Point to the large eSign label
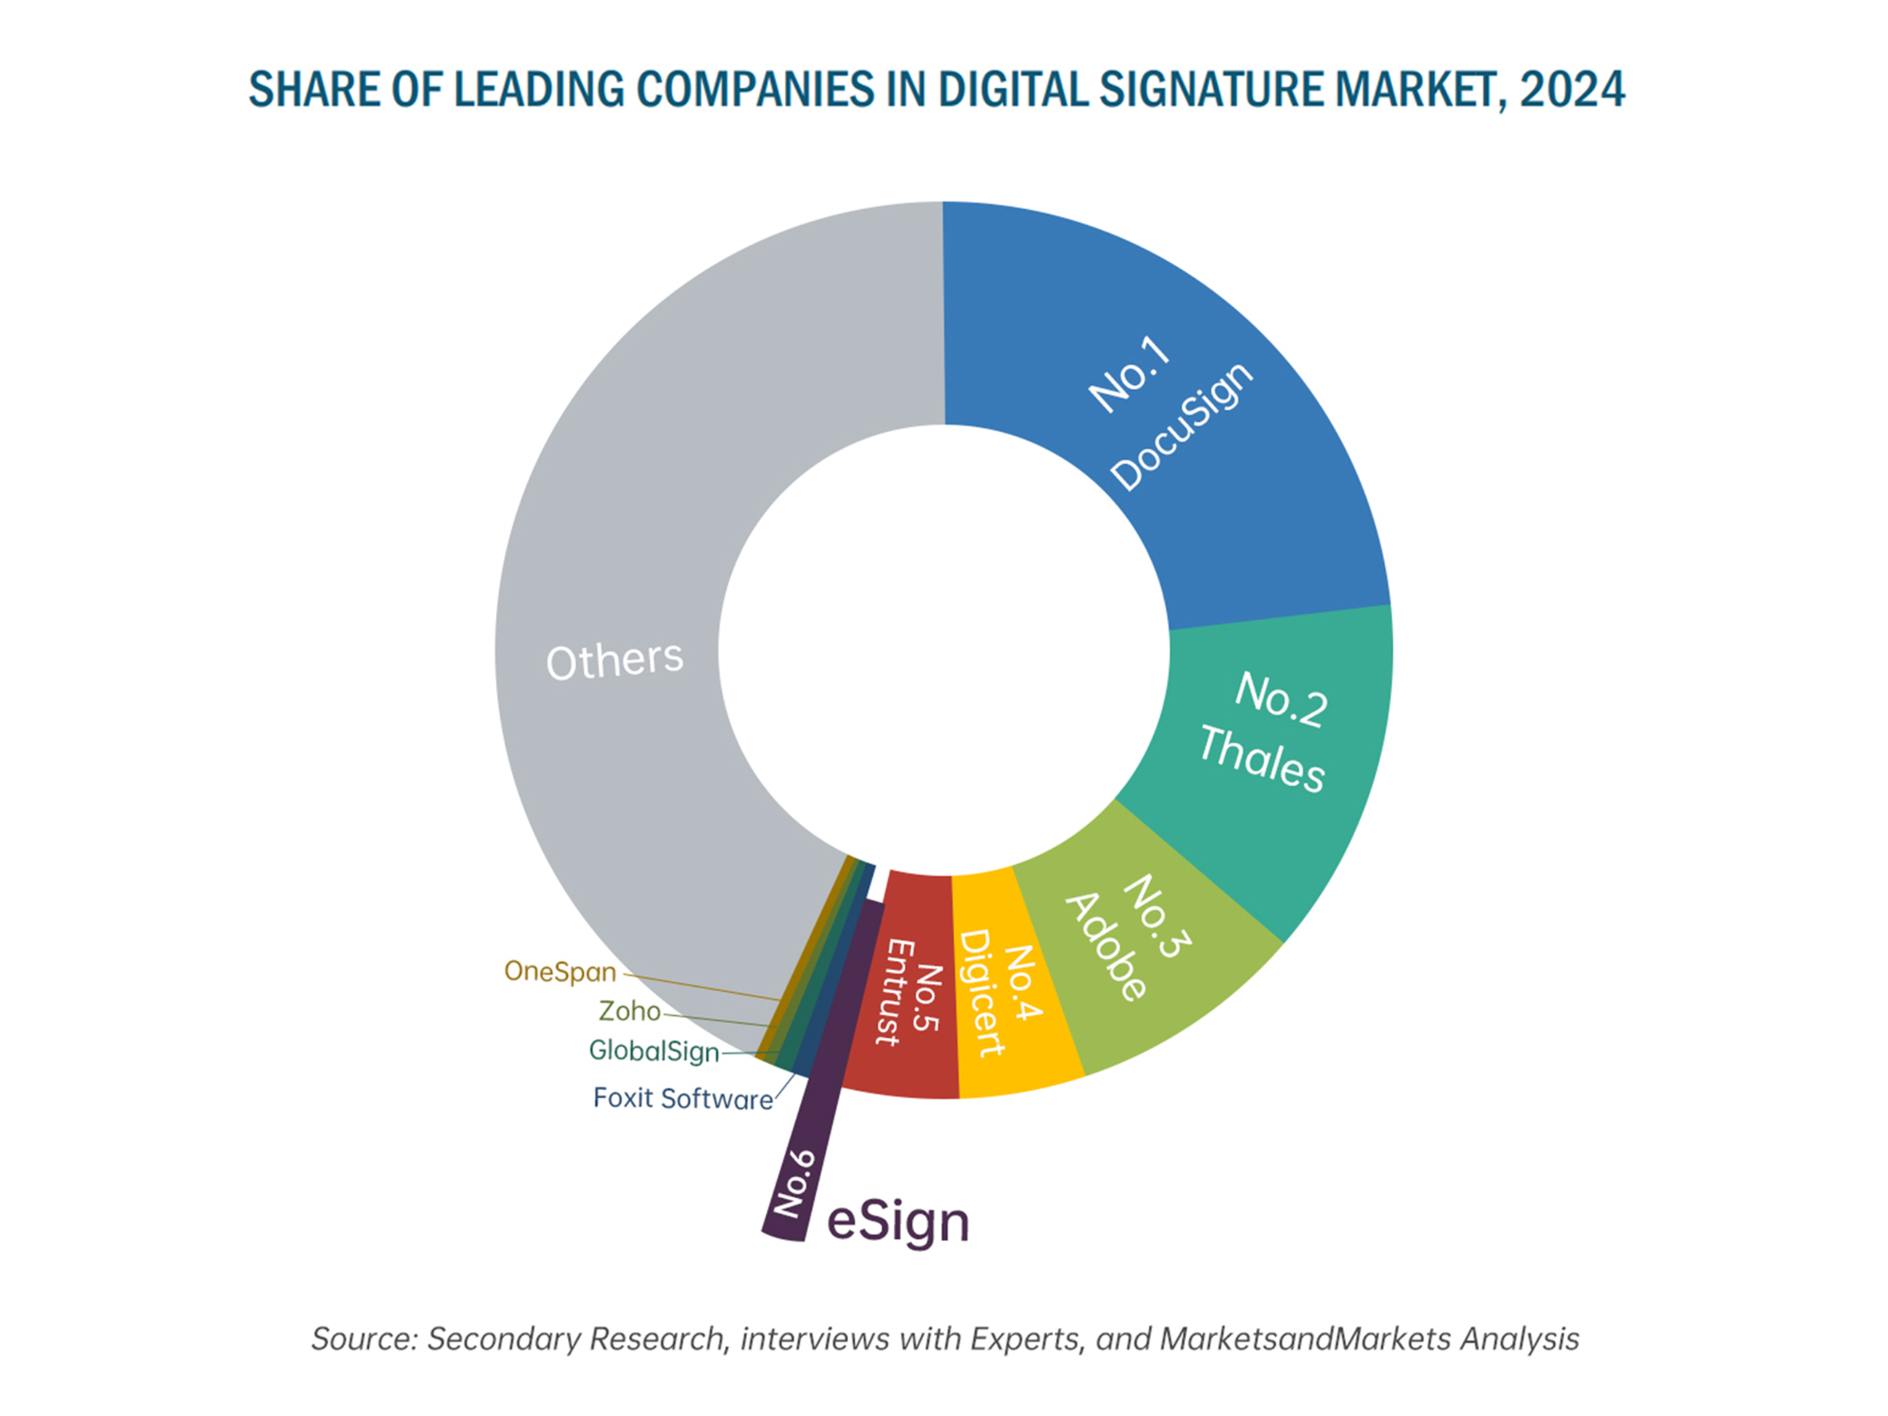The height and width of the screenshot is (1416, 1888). click(898, 1222)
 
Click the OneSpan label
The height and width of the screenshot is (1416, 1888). click(560, 972)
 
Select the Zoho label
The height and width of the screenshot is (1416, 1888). click(629, 1012)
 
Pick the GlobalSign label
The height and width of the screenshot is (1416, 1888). click(654, 1051)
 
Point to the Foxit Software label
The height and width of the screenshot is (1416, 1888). click(683, 1099)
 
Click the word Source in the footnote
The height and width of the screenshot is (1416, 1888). click(363, 1338)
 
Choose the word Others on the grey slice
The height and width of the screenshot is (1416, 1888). click(614, 661)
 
